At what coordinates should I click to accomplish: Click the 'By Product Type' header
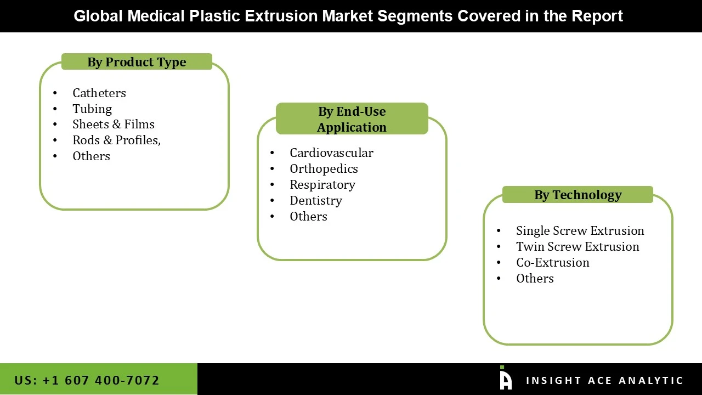pyautogui.click(x=137, y=62)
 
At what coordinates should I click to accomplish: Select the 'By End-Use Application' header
pyautogui.click(x=352, y=119)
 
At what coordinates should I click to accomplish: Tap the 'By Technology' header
pyautogui.click(x=578, y=195)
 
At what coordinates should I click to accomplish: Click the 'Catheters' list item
pyautogui.click(x=99, y=93)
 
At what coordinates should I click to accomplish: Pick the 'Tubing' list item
pyautogui.click(x=92, y=109)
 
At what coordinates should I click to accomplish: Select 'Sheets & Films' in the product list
pyautogui.click(x=113, y=125)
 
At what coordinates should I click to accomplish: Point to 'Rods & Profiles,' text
pyautogui.click(x=116, y=140)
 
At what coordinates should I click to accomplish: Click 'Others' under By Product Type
pyautogui.click(x=91, y=156)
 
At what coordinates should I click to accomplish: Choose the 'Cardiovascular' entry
pyautogui.click(x=331, y=153)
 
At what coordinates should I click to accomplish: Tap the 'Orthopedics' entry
pyautogui.click(x=324, y=169)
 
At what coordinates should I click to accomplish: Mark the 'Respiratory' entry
pyautogui.click(x=322, y=185)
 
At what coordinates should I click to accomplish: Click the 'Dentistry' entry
pyautogui.click(x=315, y=201)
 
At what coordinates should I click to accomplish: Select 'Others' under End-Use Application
pyautogui.click(x=308, y=217)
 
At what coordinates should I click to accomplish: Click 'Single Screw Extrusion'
pyautogui.click(x=580, y=231)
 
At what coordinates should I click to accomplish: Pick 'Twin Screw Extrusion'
pyautogui.click(x=578, y=247)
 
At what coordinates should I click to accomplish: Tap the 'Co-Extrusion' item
pyautogui.click(x=552, y=263)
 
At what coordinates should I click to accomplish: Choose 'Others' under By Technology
pyautogui.click(x=535, y=279)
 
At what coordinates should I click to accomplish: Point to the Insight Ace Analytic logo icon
pyautogui.click(x=505, y=379)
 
